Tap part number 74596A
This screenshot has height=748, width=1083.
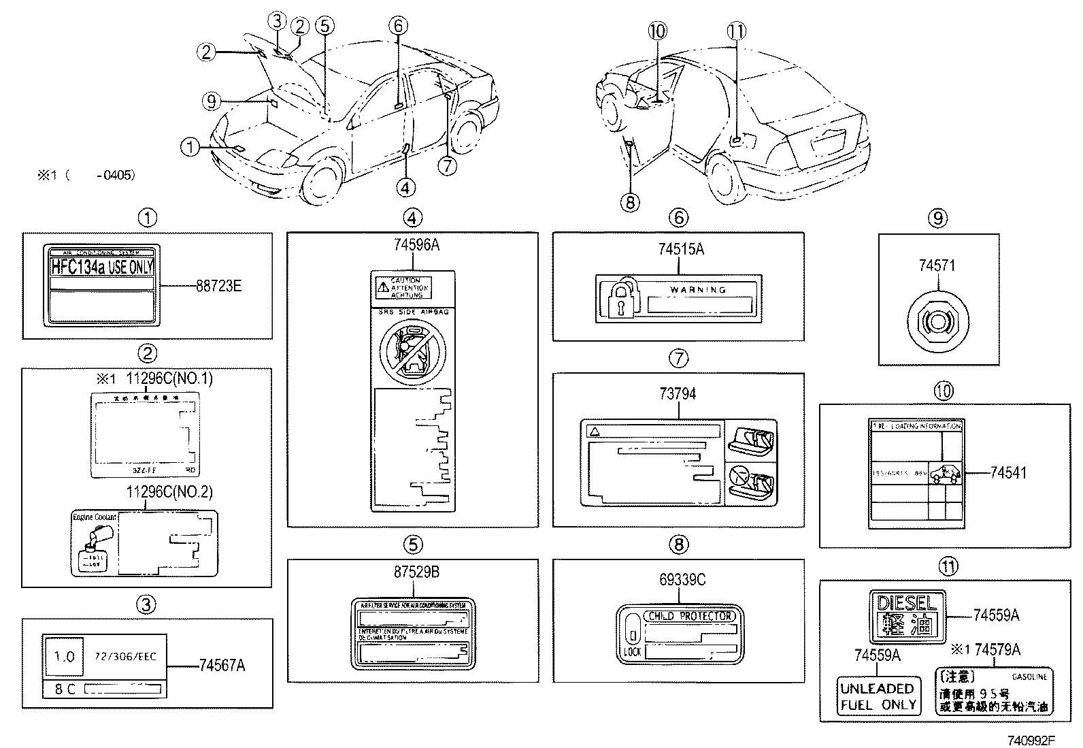pyautogui.click(x=412, y=246)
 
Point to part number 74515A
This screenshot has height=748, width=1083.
pyautogui.click(x=680, y=250)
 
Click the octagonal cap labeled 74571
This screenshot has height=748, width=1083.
pyautogui.click(x=937, y=319)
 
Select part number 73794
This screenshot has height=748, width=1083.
pyautogui.click(x=678, y=393)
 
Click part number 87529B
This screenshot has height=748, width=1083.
pyautogui.click(x=416, y=572)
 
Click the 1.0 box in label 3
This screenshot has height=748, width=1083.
pyautogui.click(x=64, y=657)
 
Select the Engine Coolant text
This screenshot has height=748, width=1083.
pyautogui.click(x=95, y=517)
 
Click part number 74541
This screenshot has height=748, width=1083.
pyautogui.click(x=1008, y=473)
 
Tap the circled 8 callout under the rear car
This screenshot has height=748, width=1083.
pyautogui.click(x=630, y=201)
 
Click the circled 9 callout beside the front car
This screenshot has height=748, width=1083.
pyautogui.click(x=212, y=101)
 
